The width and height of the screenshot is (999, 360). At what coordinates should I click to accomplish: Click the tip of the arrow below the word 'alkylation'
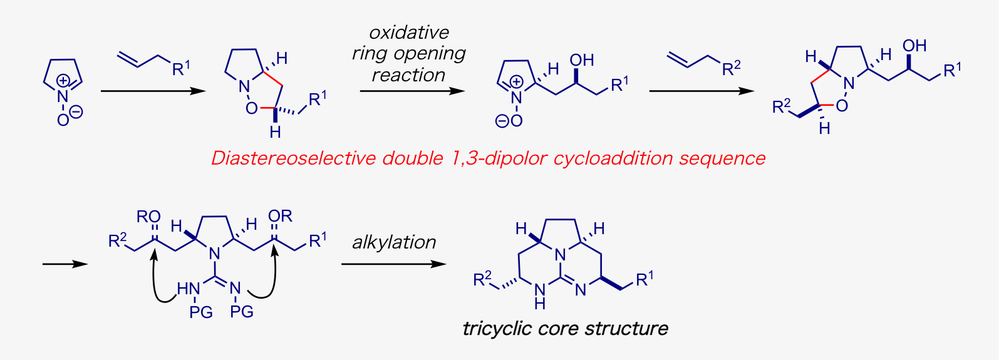tap(447, 264)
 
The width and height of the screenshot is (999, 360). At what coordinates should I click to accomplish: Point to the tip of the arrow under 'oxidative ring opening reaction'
tap(465, 91)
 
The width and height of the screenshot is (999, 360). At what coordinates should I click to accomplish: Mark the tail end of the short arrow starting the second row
tap(43, 264)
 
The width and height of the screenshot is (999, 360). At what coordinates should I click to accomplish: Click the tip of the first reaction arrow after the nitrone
tap(206, 91)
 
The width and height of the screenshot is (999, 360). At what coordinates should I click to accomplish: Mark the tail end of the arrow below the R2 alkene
tap(650, 91)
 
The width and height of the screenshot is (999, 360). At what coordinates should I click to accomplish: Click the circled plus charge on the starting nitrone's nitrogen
tap(63, 81)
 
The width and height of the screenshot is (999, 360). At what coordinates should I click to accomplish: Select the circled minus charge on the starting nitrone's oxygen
tap(76, 111)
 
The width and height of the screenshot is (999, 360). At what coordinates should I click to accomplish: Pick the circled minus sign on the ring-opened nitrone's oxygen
tap(502, 121)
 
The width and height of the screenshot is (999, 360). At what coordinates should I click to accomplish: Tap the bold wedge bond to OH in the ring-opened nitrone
tap(576, 76)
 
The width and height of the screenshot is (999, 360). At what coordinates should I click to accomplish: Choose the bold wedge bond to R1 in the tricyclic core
tap(611, 284)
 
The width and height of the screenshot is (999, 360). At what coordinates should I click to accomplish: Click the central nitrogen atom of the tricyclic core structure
tap(561, 255)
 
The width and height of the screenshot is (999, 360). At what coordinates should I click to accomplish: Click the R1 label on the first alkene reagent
tap(181, 68)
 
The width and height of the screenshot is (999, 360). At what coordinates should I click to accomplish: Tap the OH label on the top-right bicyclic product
tap(914, 46)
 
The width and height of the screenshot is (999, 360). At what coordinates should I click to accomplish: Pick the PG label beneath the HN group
tap(200, 312)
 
